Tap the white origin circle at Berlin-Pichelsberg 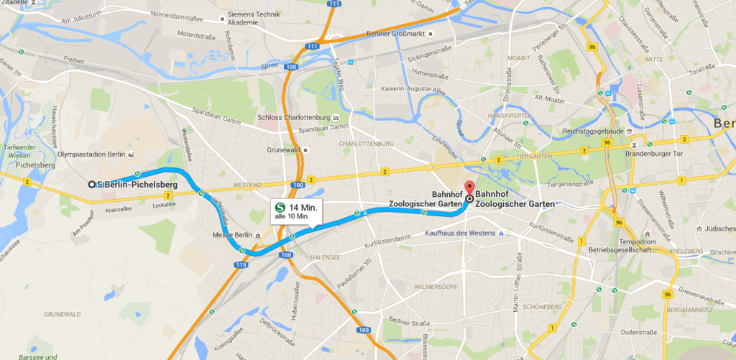click(92, 185)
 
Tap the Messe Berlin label click(231, 235)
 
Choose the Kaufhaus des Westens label click(460, 234)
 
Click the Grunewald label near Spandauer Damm click(282, 150)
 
